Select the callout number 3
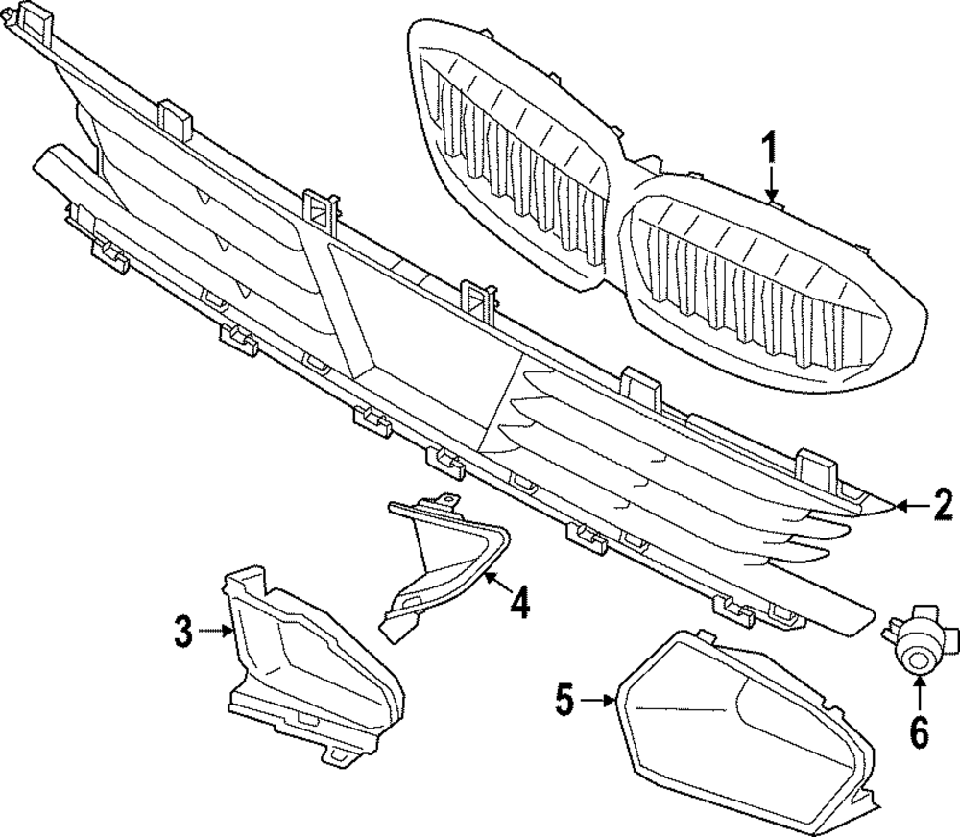pyautogui.click(x=183, y=632)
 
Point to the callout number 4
pyautogui.click(x=519, y=605)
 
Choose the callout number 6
pyautogui.click(x=920, y=733)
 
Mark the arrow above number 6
pyautogui.click(x=920, y=692)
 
